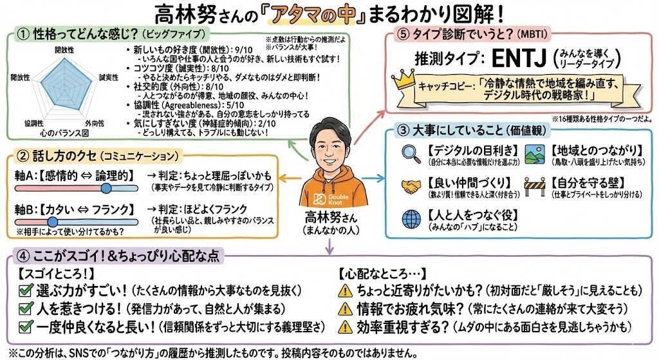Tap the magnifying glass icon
[409, 153]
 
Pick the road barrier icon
[535, 186]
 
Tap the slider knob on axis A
[106, 187]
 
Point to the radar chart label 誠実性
[106, 77]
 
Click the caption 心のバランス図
[62, 133]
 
